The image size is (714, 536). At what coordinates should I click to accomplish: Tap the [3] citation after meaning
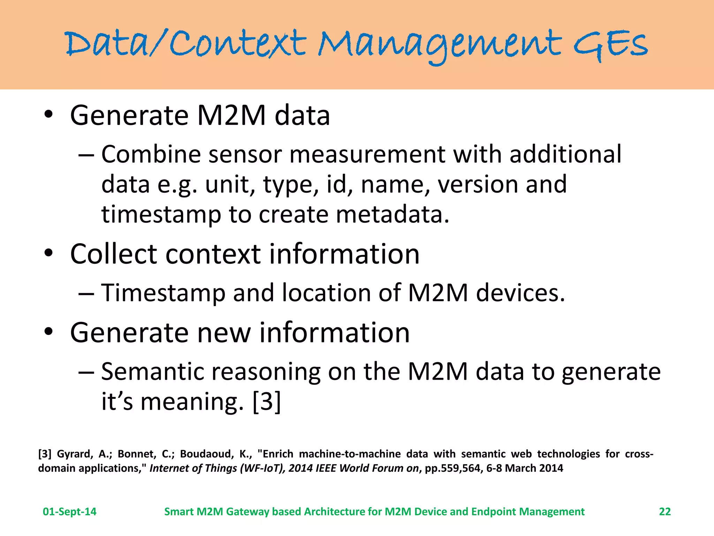point(266,402)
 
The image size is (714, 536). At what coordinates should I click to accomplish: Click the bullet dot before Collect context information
point(48,253)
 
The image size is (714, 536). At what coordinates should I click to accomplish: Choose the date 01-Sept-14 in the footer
point(69,512)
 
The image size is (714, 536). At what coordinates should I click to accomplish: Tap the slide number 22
point(665,512)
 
